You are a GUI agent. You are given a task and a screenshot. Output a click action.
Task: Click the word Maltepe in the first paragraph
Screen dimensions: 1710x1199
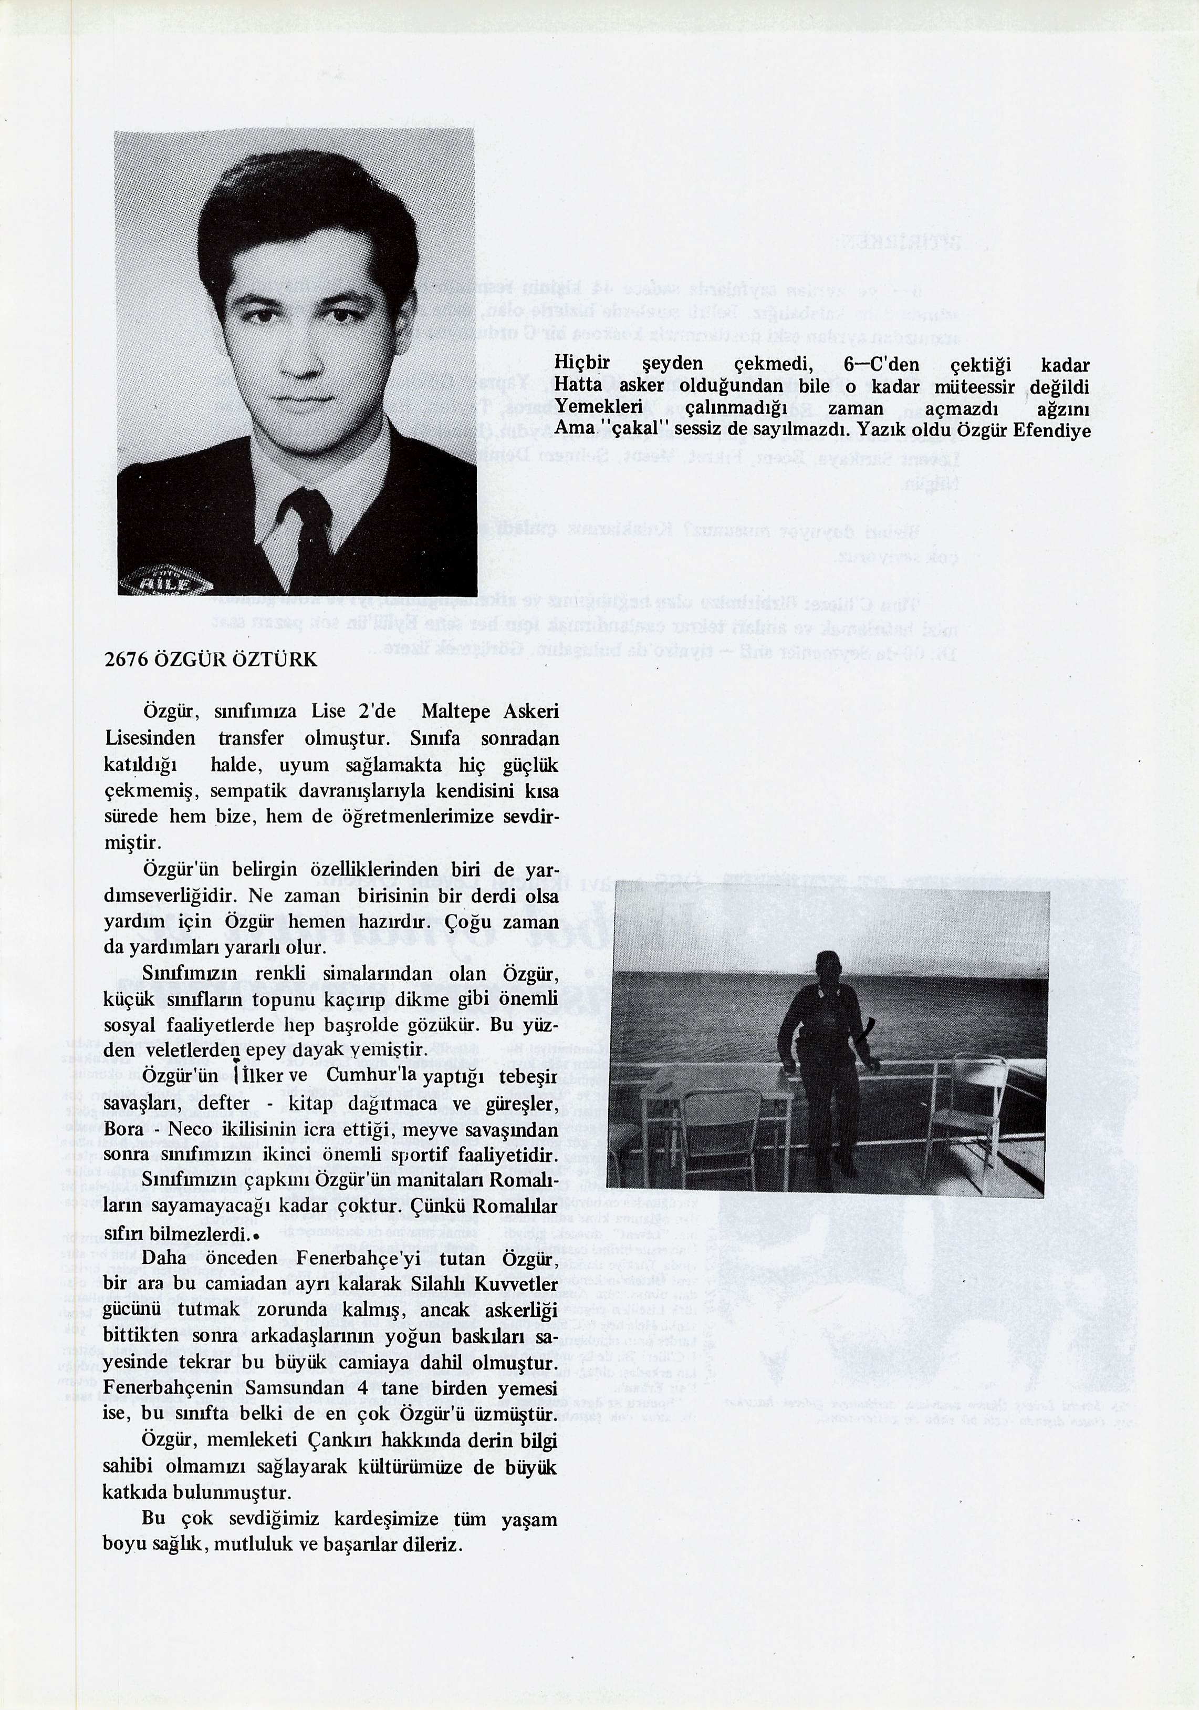[455, 711]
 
